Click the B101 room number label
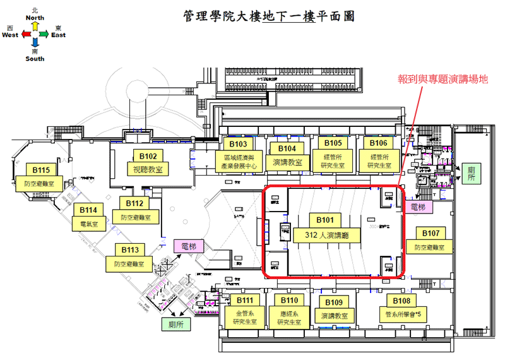[x=325, y=220]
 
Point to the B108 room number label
[x=401, y=301]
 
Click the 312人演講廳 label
[x=325, y=235]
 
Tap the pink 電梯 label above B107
[x=418, y=207]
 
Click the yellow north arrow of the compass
[x=35, y=26]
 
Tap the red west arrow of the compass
[x=25, y=35]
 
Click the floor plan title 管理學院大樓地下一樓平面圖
[x=269, y=16]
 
